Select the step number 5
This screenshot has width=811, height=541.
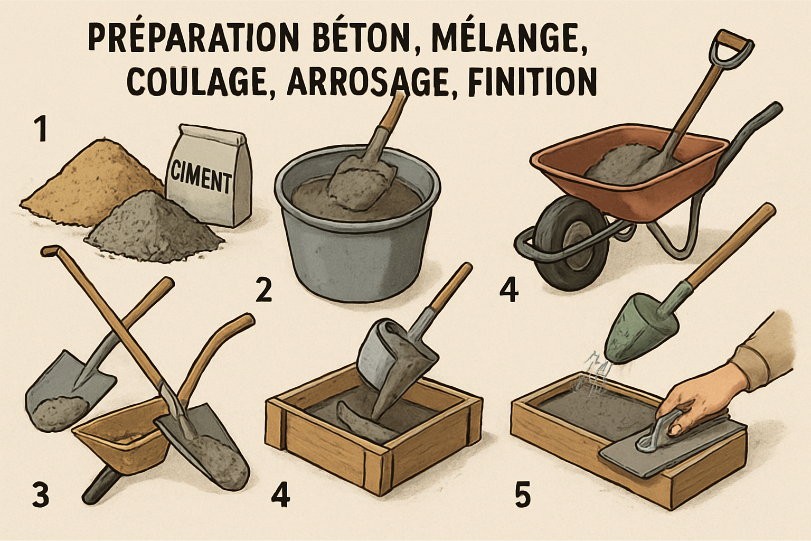(522, 495)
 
